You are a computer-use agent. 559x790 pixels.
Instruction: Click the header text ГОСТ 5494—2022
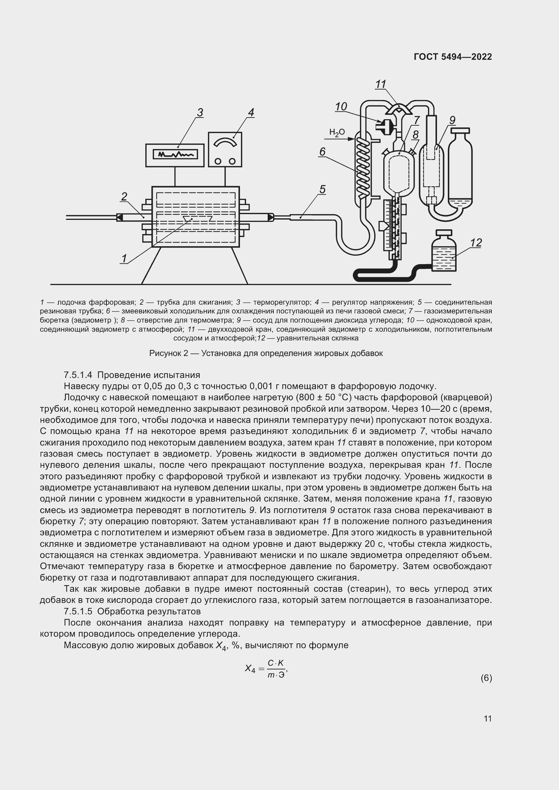(x=453, y=57)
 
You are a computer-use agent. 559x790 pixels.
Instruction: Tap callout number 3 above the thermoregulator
(x=200, y=112)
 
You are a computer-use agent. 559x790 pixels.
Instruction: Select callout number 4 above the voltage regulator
(x=251, y=112)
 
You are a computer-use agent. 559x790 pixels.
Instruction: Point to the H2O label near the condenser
(x=337, y=132)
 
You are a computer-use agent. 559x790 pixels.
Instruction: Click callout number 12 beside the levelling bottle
(x=476, y=243)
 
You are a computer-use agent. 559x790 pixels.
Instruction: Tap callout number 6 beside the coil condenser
(x=322, y=152)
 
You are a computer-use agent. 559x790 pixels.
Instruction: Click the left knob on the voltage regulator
(x=218, y=161)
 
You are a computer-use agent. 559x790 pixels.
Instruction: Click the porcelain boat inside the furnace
(x=198, y=219)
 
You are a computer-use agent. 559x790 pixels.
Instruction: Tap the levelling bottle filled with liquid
(x=444, y=255)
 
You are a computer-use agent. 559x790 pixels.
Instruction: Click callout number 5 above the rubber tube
(x=322, y=189)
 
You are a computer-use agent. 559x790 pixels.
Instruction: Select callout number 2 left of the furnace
(x=124, y=197)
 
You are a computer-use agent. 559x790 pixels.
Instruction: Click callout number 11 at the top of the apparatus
(x=380, y=84)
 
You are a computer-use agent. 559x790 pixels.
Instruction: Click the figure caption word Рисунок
(x=166, y=353)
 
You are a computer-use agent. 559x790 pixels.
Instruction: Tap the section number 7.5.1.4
(x=78, y=375)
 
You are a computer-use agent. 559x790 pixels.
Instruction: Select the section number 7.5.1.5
(x=78, y=611)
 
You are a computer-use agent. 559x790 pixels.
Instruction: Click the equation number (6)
(x=486, y=678)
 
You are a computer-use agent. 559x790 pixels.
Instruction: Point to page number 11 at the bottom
(x=487, y=718)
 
